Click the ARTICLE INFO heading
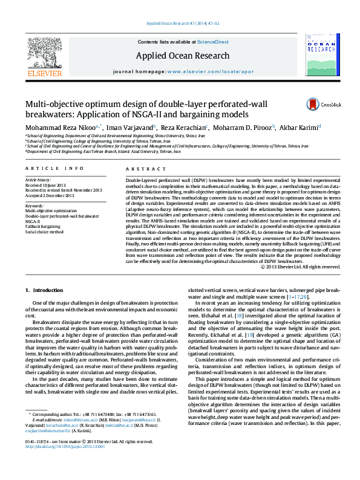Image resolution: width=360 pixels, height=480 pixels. [54, 168]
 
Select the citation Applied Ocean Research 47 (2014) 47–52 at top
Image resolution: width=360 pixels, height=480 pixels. [180, 24]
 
